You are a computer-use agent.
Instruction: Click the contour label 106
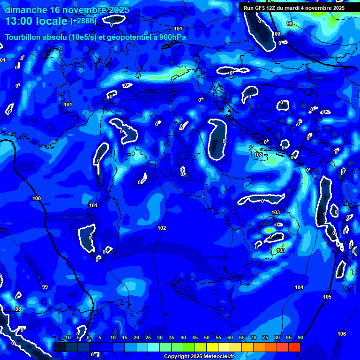coord(342,334)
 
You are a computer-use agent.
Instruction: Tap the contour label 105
coord(327,297)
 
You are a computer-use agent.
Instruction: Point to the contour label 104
coord(299,287)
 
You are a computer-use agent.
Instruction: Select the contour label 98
coord(18,309)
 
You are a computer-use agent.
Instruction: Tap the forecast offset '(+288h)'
coord(83,21)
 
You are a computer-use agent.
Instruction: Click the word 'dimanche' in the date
coord(26,10)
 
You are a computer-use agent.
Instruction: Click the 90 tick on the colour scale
coord(300,337)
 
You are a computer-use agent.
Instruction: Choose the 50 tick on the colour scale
coord(207,337)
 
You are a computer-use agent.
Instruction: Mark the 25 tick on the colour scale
coord(148,337)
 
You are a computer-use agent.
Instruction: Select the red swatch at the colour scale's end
coord(294,347)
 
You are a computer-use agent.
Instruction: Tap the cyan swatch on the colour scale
coord(154,347)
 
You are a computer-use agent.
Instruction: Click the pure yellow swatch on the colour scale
coord(212,347)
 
